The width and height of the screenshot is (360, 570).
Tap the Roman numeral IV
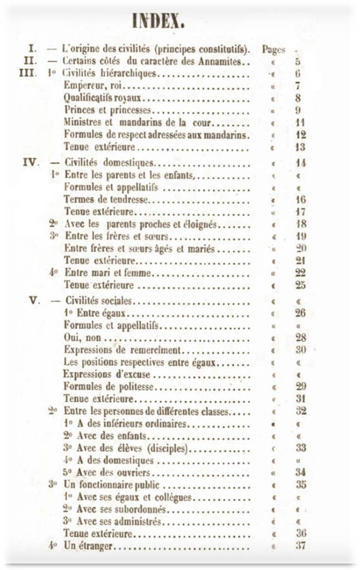pyautogui.click(x=30, y=163)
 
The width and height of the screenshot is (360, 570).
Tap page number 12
pyautogui.click(x=301, y=135)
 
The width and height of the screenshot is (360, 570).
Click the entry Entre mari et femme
pyautogui.click(x=108, y=273)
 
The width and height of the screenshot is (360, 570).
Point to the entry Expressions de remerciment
pyautogui.click(x=122, y=350)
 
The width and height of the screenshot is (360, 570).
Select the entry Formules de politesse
pyautogui.click(x=108, y=386)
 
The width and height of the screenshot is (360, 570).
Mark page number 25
pyautogui.click(x=301, y=286)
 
